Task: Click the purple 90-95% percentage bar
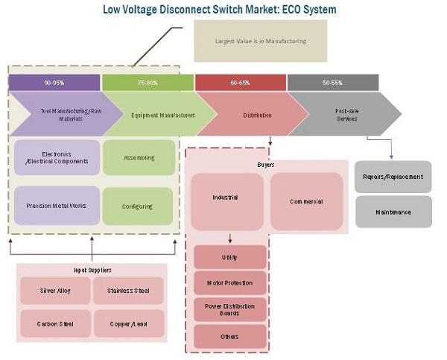click(54, 82)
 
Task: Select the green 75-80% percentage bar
click(148, 82)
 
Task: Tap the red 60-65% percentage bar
click(240, 82)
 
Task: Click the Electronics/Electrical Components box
click(57, 157)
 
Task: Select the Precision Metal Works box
click(57, 206)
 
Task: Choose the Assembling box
click(138, 157)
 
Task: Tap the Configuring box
click(138, 206)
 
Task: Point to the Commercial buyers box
click(306, 201)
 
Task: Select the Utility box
click(229, 256)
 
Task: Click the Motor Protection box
click(229, 283)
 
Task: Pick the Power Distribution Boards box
click(229, 309)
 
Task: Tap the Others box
click(229, 335)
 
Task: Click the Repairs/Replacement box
click(393, 177)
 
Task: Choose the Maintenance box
click(393, 212)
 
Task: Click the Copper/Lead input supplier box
click(127, 323)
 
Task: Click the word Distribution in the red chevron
click(256, 115)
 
